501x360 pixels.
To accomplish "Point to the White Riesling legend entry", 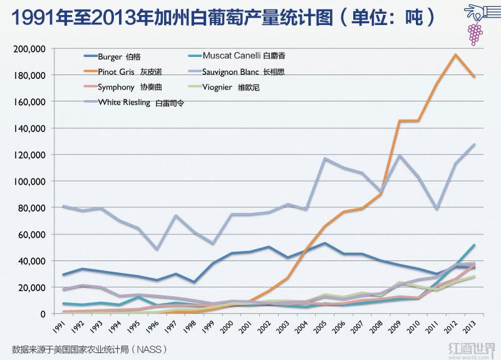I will coord(132,102).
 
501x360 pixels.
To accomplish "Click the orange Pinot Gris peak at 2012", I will coord(455,54).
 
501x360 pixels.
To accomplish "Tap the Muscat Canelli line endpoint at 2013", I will coord(474,245).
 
